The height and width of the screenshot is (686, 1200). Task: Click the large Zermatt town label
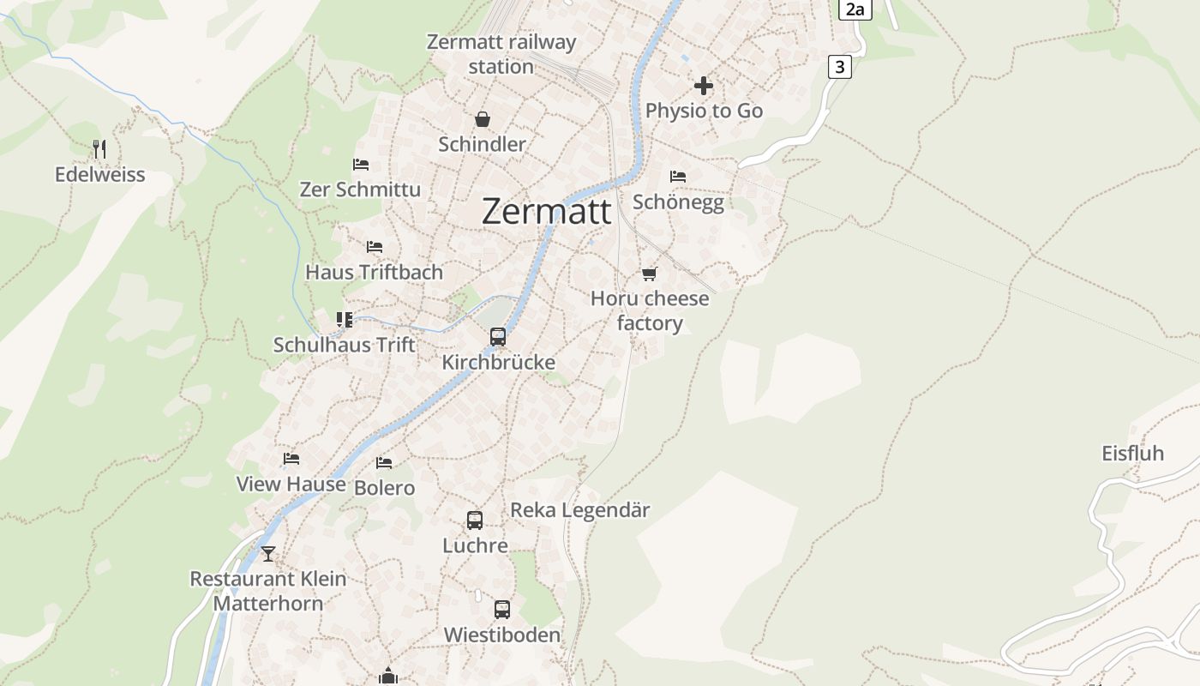tap(547, 211)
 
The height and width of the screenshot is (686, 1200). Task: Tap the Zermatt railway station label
tap(501, 54)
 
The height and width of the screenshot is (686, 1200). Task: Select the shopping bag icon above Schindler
tap(483, 119)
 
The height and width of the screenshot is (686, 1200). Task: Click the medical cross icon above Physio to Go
tap(704, 86)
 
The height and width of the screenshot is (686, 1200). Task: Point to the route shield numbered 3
tap(839, 67)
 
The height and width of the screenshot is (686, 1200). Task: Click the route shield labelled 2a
tap(855, 9)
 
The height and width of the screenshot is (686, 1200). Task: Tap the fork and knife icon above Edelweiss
tap(99, 149)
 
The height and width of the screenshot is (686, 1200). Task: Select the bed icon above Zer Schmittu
tap(361, 164)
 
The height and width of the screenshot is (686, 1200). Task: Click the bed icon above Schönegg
tap(678, 177)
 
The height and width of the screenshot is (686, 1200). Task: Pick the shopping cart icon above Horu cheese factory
tap(650, 274)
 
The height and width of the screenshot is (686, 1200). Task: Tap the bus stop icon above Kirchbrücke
tap(498, 337)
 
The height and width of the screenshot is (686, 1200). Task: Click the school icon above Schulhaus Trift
tap(345, 320)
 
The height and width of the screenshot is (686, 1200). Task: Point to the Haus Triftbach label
tap(375, 272)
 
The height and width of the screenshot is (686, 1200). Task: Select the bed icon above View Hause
tap(291, 459)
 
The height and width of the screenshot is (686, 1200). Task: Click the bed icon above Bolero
tap(384, 462)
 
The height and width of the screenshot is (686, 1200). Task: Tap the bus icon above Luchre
tap(475, 521)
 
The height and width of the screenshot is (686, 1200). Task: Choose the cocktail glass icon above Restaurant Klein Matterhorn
tap(268, 554)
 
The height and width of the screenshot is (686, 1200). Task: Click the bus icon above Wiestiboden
tap(502, 610)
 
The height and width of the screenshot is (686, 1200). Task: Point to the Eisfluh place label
tap(1132, 454)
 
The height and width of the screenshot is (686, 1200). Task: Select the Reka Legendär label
tap(580, 510)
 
